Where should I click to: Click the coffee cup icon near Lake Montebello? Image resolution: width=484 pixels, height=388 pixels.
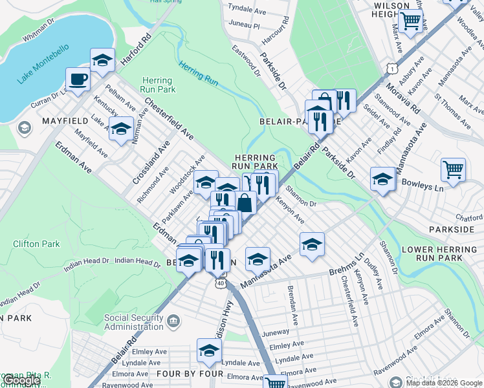[78, 80]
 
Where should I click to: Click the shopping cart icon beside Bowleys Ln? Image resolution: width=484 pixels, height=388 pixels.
[453, 170]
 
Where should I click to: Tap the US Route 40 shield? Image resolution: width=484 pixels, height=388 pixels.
[221, 283]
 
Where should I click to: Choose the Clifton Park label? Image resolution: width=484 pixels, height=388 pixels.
[36, 244]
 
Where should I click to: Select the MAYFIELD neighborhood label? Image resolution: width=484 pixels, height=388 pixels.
[65, 121]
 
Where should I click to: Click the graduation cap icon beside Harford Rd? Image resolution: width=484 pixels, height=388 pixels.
[102, 60]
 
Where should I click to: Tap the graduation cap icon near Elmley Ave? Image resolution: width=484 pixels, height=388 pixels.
[209, 351]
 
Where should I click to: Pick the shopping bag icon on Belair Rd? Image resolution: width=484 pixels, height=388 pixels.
[245, 203]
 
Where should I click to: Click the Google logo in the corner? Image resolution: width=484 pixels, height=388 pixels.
[21, 380]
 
